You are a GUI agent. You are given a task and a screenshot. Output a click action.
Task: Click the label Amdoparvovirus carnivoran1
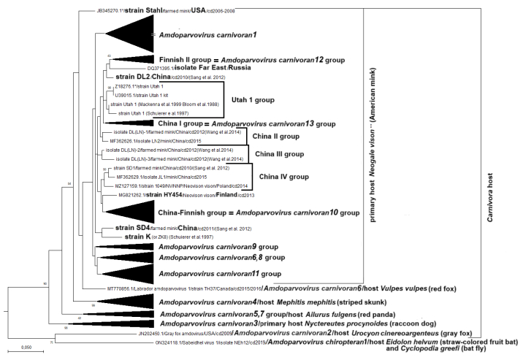(210, 34)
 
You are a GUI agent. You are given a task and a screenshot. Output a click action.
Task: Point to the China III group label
(279, 154)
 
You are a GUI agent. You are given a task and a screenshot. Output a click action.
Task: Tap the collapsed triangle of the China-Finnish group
(132, 211)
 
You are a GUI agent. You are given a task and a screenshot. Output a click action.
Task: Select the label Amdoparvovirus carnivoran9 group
(207, 248)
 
